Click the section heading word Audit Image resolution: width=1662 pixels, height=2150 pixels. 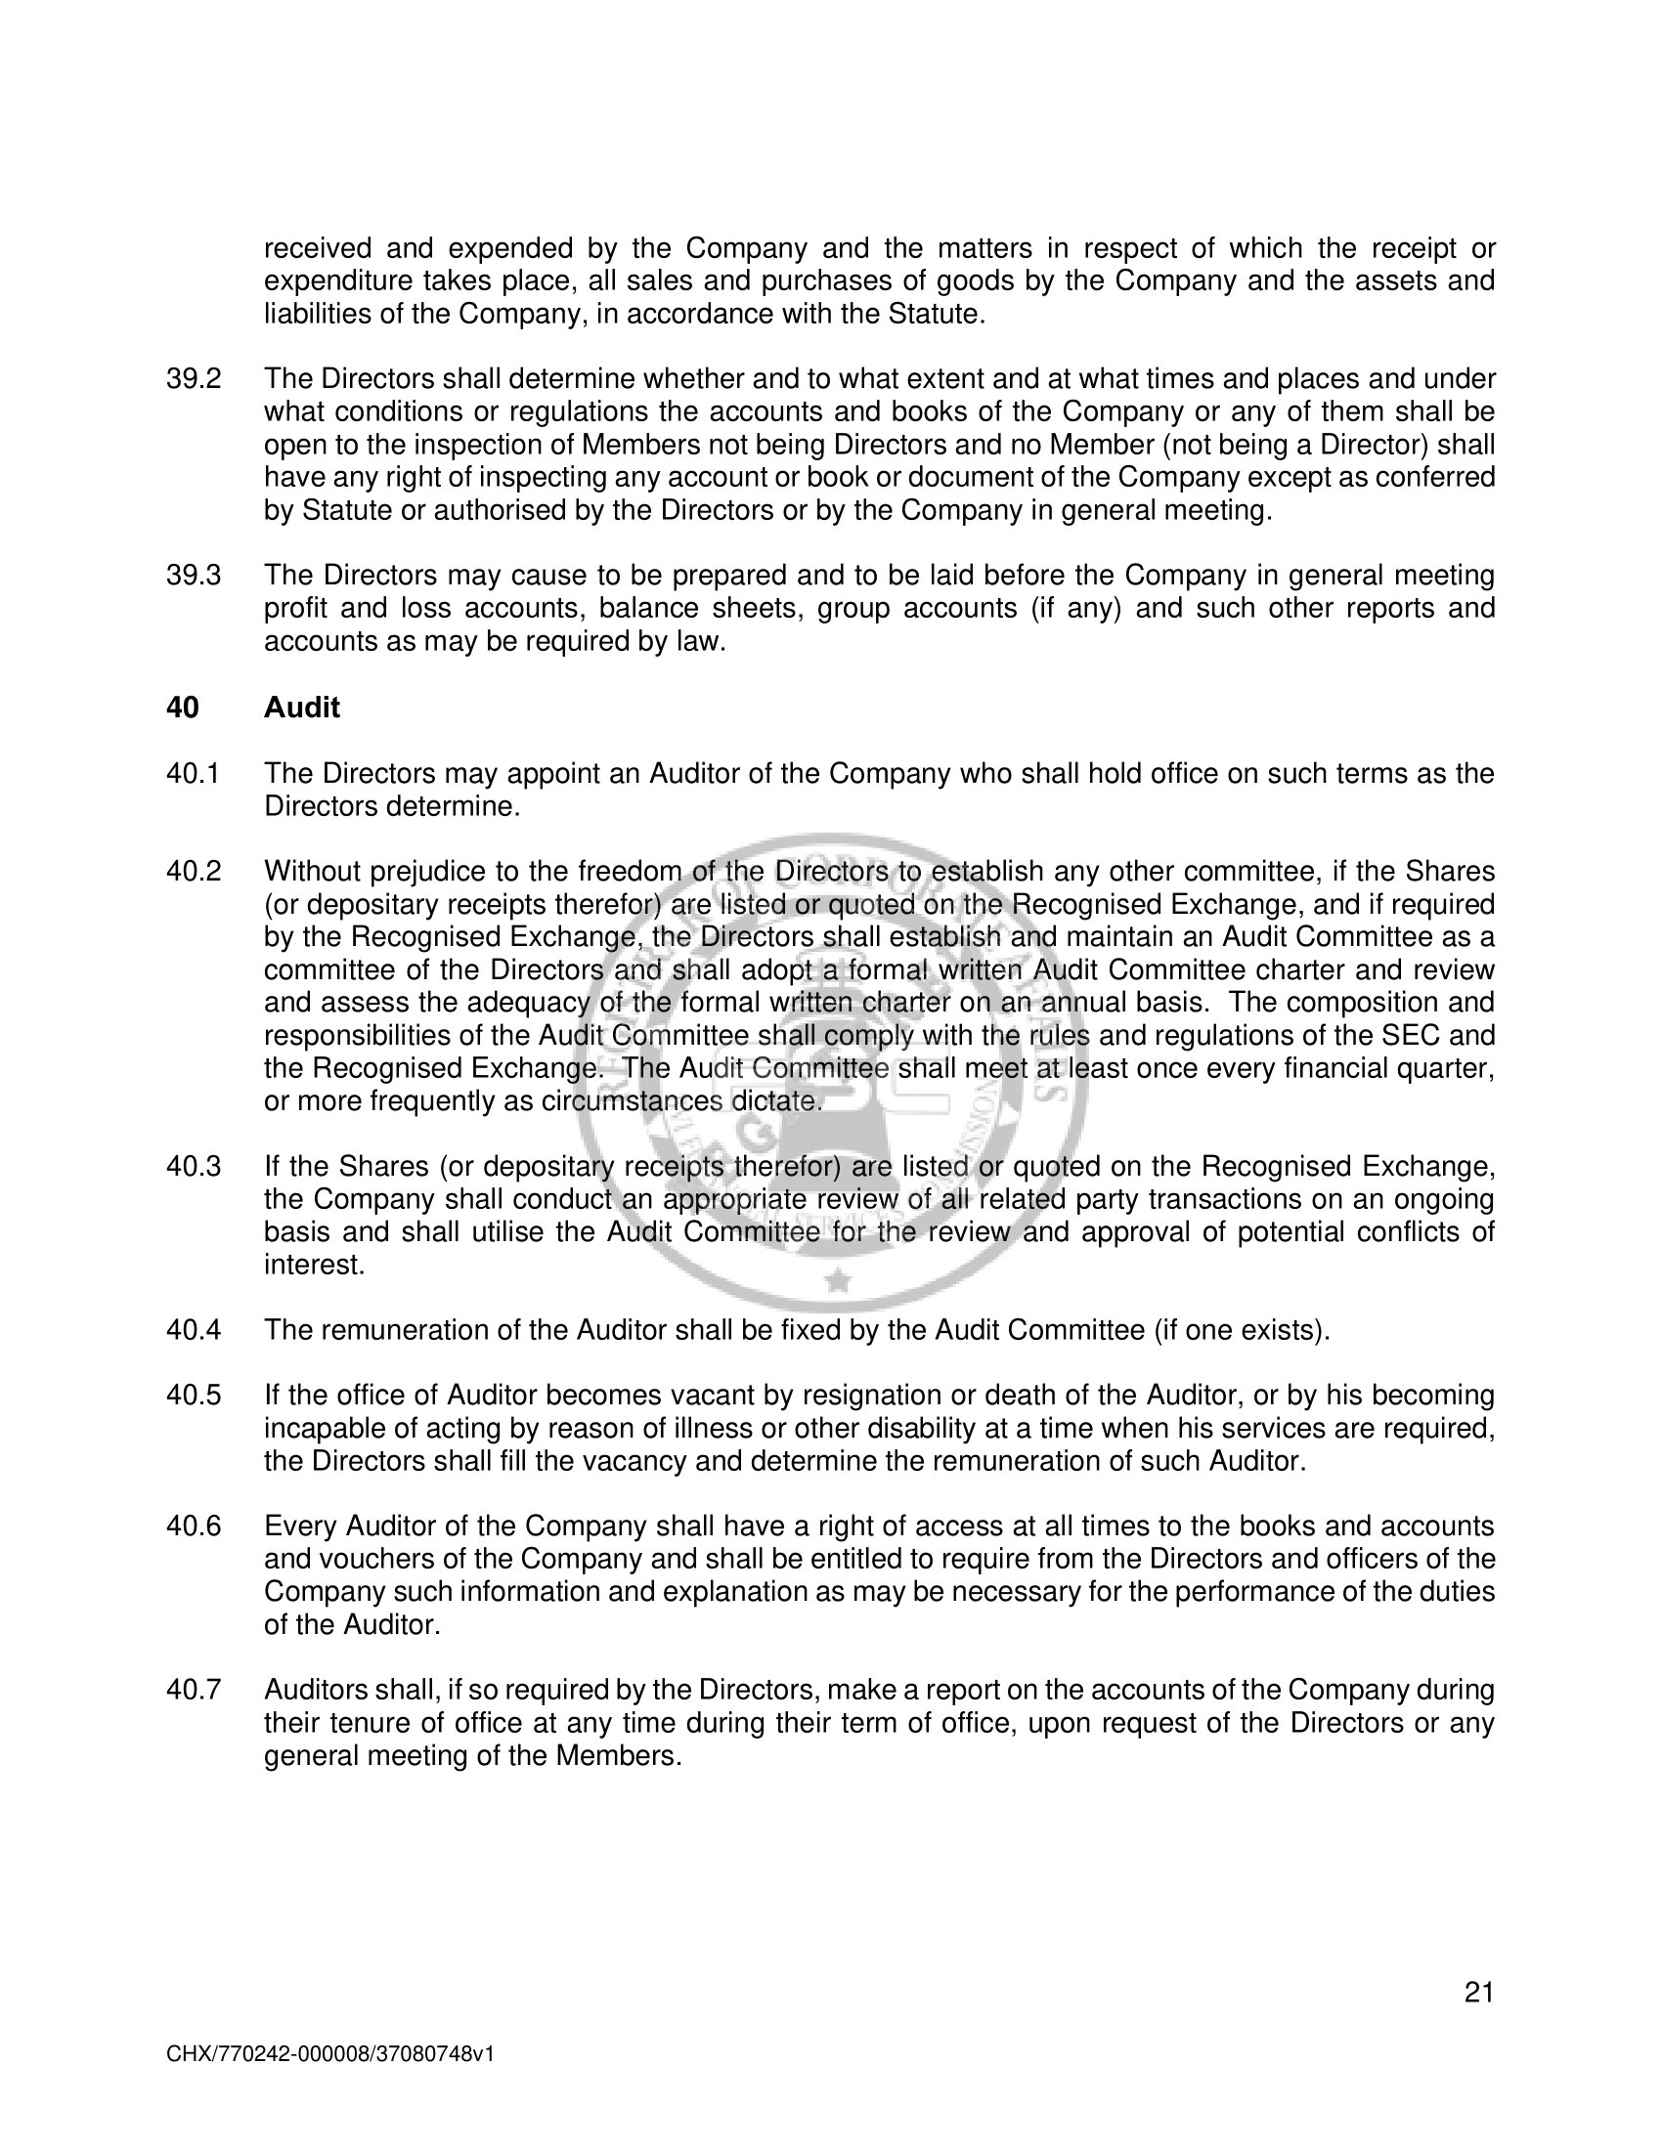301,708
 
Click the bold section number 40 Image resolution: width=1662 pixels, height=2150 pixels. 182,708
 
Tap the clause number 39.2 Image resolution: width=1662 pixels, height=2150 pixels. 193,379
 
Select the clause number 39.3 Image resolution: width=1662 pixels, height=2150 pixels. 193,576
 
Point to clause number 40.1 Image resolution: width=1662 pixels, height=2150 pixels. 193,774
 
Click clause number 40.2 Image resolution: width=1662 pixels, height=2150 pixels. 193,872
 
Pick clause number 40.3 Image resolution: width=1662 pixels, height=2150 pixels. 193,1168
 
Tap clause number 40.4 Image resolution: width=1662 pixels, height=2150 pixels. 193,1331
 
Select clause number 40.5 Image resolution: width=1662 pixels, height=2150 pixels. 193,1396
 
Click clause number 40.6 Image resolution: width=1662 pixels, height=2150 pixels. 193,1526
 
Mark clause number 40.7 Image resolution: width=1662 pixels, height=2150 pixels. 193,1691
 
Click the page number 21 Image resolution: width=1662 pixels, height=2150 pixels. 1479,1994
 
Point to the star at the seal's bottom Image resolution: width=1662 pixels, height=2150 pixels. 838,1280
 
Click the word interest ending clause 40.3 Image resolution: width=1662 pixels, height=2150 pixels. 312,1266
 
